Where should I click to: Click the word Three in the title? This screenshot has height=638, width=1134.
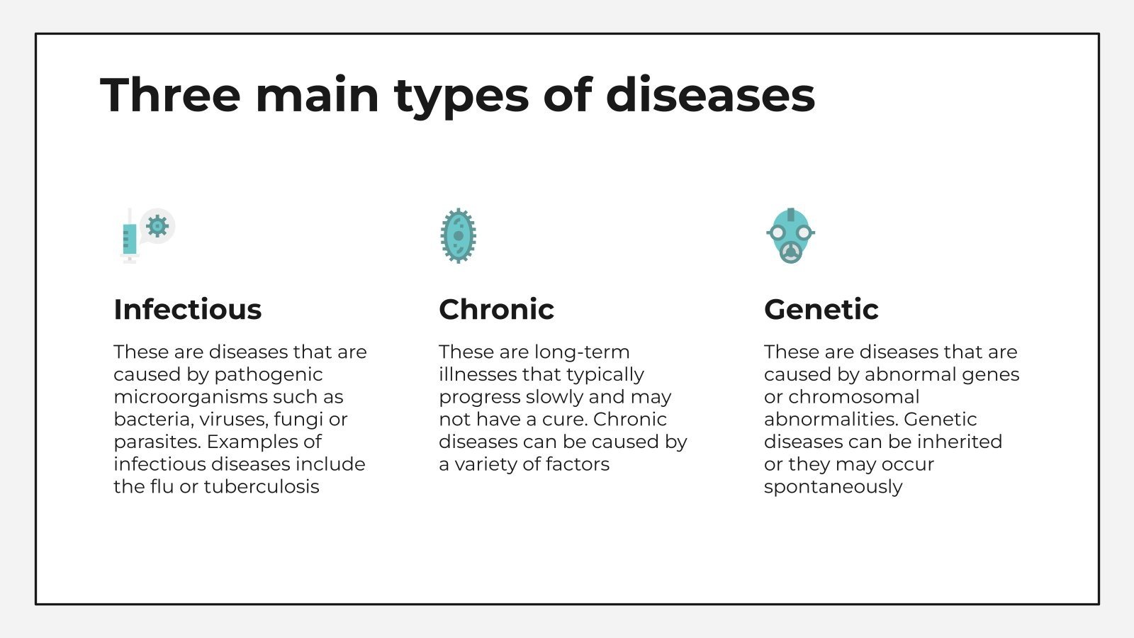[x=170, y=94]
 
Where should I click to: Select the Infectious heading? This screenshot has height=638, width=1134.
[x=187, y=309]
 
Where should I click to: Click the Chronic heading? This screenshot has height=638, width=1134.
[x=496, y=309]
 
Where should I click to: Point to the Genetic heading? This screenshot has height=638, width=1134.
[x=821, y=309]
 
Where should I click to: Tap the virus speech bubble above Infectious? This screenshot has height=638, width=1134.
[x=157, y=226]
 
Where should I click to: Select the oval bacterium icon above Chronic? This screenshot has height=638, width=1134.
[x=458, y=235]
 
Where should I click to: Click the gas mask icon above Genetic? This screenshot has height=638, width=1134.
[x=790, y=235]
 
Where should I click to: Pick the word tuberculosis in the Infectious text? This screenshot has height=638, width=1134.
[x=262, y=486]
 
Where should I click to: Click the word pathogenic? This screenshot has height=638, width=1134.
[x=268, y=374]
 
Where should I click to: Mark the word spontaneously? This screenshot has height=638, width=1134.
[x=833, y=487]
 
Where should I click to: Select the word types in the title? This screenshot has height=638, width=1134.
[x=461, y=96]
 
